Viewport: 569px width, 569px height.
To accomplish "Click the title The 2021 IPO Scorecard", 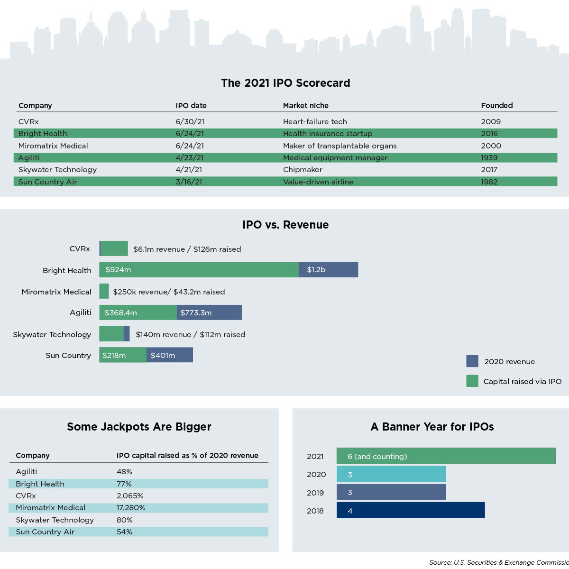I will [285, 83].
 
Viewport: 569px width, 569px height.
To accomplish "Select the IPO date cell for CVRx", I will [190, 122].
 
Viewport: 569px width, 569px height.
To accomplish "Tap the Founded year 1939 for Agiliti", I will [489, 158].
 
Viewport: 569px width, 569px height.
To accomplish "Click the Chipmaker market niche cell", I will [303, 170].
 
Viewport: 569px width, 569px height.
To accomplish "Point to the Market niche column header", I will [305, 106].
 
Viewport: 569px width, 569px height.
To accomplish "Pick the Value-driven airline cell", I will [318, 182].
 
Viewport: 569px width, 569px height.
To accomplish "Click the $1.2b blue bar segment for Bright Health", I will [328, 270].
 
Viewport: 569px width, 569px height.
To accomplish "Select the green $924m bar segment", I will [199, 270].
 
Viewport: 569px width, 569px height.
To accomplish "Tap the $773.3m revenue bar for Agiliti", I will [209, 313].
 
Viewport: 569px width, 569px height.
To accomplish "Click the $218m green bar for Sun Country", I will [122, 355].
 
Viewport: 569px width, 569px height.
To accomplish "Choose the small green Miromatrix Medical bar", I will [104, 291].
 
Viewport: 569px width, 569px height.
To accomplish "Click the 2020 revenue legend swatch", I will [472, 361].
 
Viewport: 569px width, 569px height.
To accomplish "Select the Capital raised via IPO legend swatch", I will [472, 381].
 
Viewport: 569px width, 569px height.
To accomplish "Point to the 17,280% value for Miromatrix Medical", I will [131, 508].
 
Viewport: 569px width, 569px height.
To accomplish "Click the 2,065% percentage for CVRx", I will [130, 496].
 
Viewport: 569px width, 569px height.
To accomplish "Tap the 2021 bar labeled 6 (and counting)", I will [446, 456].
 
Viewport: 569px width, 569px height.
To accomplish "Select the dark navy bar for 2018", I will [411, 511].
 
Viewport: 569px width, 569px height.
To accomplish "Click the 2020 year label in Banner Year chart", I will [316, 475].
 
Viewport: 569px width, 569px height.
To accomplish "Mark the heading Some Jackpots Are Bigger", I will [139, 427].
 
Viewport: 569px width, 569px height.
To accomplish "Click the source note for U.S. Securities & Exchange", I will [498, 562].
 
